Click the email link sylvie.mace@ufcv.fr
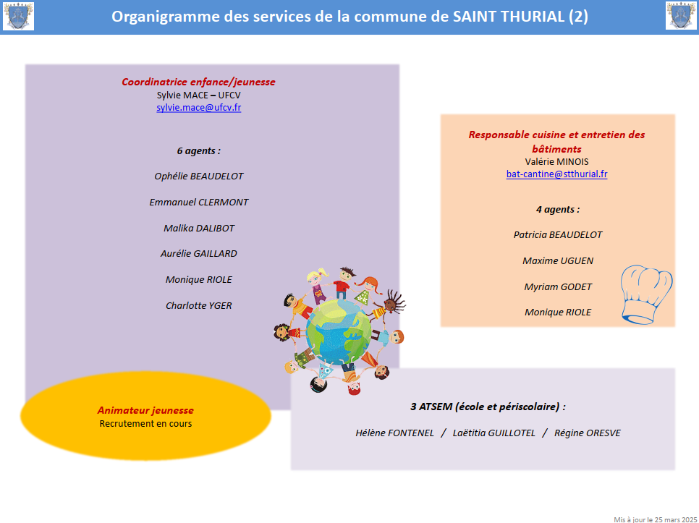pos(199,108)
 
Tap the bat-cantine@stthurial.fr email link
pos(556,174)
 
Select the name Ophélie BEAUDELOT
pos(199,177)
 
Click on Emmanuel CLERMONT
pos(199,203)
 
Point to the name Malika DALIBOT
pos(199,228)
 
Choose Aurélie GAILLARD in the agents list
pos(199,253)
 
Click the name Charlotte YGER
pos(199,305)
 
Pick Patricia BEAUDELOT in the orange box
pos(558,235)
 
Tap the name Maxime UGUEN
pos(558,260)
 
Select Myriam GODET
pos(558,287)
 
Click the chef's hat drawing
pos(646,294)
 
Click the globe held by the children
pos(339,332)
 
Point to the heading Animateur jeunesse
pos(145,410)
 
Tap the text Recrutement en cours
pos(145,424)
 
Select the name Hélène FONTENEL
pos(394,433)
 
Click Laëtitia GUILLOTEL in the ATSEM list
pos(494,433)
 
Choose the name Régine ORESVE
pos(587,433)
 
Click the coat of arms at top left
pos(18,16)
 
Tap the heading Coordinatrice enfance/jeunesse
pos(198,82)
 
